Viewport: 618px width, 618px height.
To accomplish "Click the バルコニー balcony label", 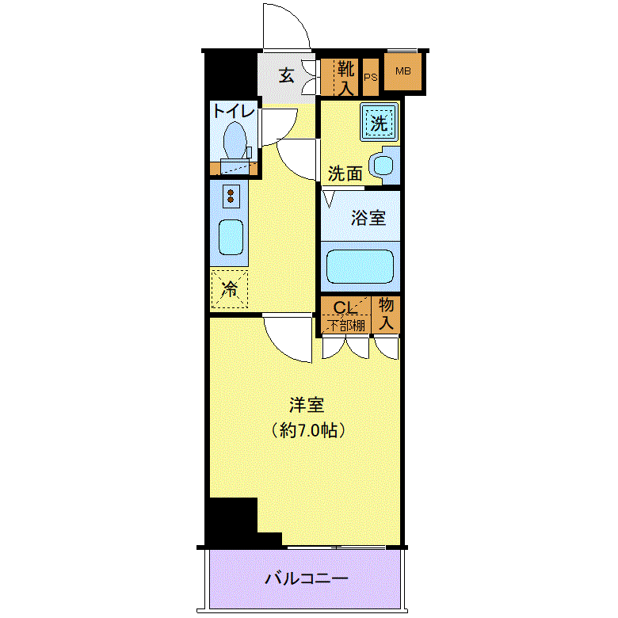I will (306, 579).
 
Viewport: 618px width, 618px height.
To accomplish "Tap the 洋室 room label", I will (306, 406).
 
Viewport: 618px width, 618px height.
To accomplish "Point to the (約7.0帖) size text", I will (306, 431).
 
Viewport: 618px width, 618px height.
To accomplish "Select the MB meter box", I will (403, 72).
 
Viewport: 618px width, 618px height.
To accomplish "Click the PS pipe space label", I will (370, 78).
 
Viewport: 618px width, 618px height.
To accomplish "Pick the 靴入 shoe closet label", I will (345, 78).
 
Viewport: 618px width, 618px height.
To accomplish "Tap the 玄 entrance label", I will (286, 76).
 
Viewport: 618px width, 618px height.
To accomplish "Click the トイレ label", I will (232, 111).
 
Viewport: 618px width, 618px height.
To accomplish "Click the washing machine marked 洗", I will (380, 123).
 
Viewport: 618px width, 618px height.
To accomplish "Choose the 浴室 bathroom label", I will (368, 218).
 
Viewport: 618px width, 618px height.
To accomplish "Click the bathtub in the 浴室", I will (360, 266).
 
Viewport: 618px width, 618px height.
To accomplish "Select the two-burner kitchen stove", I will (230, 195).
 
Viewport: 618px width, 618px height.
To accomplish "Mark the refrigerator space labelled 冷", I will (229, 289).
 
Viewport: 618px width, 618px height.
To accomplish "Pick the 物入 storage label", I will (387, 315).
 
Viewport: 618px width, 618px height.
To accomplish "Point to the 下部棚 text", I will (347, 324).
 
